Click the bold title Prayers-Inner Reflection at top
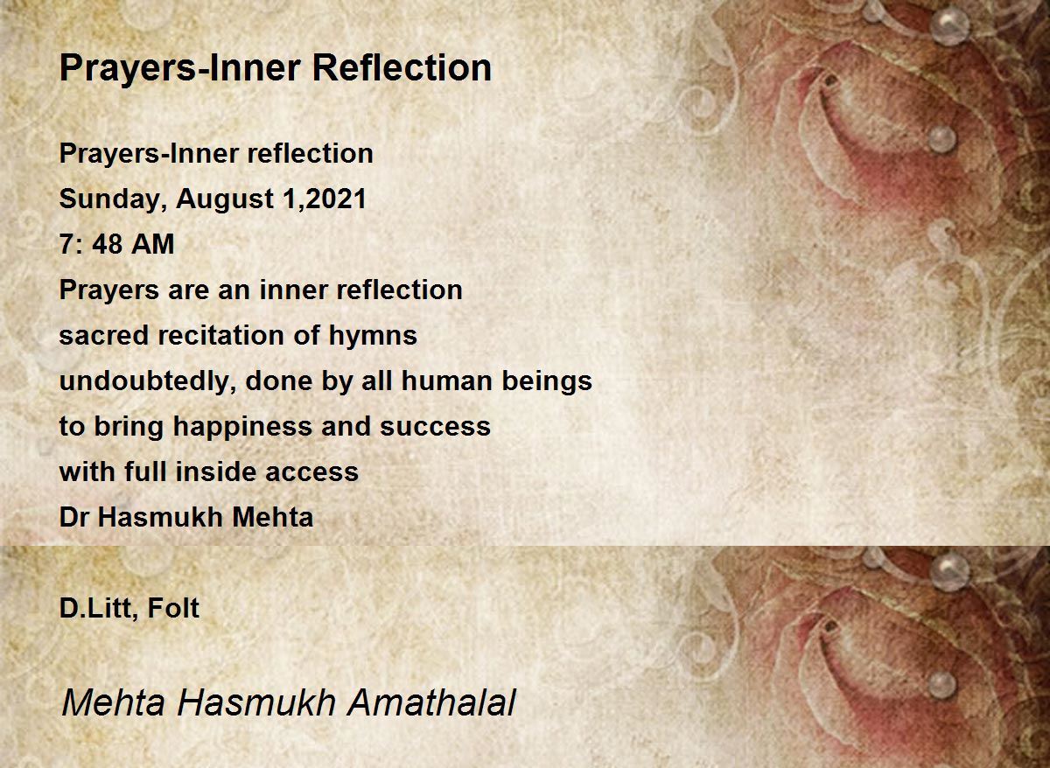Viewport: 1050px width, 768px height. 275,69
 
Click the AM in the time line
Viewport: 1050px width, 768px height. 152,244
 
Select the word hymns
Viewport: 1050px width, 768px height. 373,337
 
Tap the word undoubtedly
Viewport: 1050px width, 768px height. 148,382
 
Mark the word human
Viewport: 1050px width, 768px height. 448,381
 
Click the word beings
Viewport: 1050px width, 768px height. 547,382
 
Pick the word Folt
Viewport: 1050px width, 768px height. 173,608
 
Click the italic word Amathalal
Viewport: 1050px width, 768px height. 430,702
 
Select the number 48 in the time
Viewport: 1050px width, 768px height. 107,244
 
